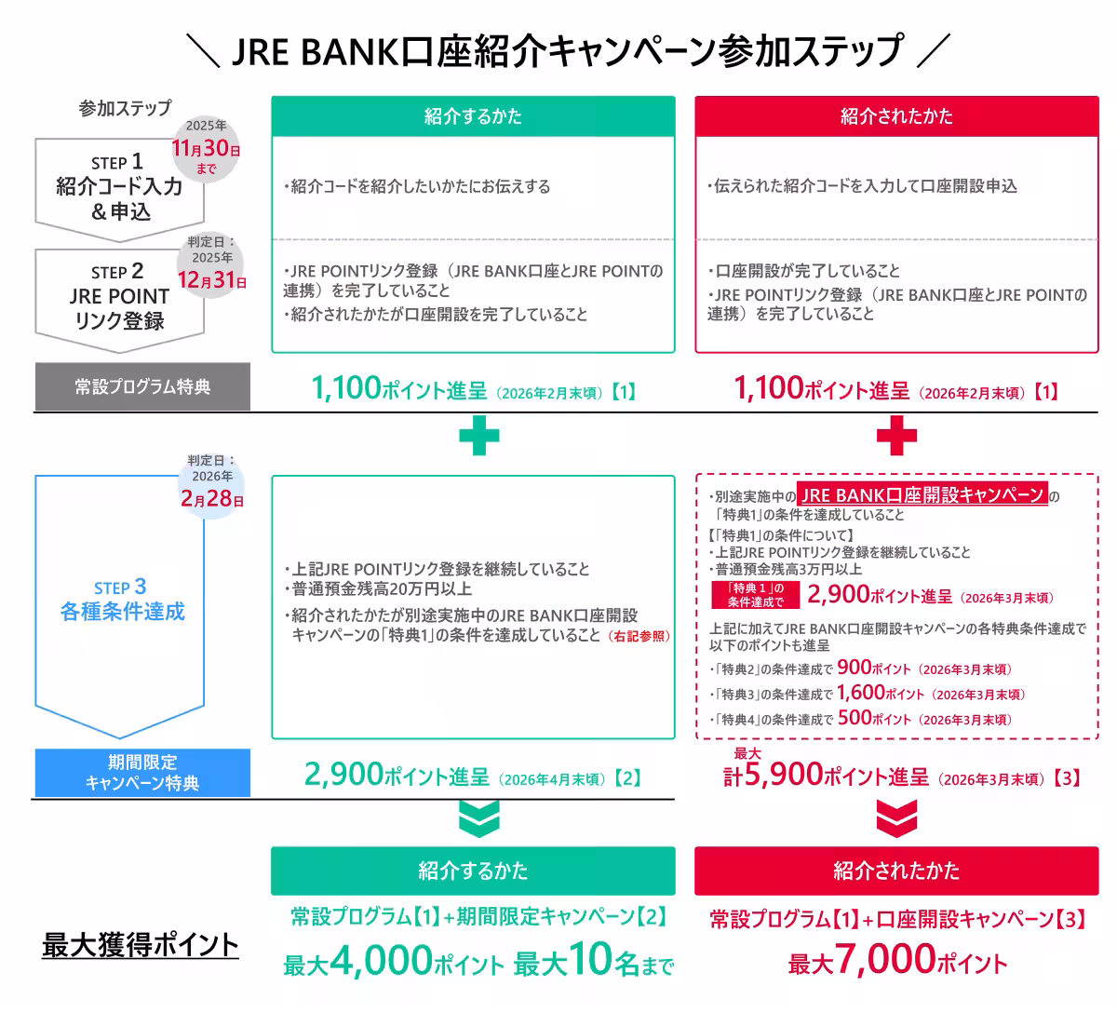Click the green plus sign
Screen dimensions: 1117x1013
(478, 435)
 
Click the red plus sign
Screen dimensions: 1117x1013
(896, 435)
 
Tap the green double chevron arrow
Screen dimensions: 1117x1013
(478, 818)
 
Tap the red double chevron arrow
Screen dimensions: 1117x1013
(896, 818)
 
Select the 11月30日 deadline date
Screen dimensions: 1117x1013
(206, 148)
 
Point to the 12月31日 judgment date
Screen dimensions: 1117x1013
(211, 279)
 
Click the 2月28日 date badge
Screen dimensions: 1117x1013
(212, 498)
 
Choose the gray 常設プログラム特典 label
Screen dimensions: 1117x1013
(142, 386)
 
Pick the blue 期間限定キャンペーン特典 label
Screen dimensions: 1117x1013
(142, 773)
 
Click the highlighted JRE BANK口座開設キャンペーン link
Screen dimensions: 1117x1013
(922, 494)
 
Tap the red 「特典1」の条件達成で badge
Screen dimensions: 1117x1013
(756, 595)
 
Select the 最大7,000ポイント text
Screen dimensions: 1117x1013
(897, 960)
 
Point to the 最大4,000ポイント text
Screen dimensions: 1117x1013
(394, 961)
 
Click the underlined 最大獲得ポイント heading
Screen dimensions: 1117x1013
(141, 946)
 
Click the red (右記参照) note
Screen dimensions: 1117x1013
(639, 636)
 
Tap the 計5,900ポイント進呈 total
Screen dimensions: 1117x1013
(826, 775)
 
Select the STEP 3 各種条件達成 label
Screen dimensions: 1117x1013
(122, 600)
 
